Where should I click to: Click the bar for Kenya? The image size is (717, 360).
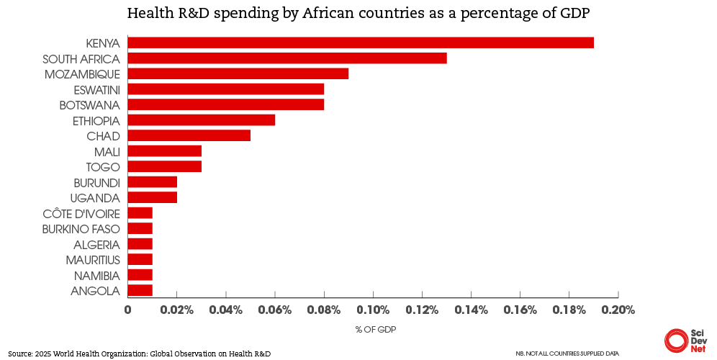pos(361,42)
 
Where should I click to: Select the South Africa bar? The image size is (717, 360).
pos(287,58)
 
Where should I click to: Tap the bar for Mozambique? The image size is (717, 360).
pos(238,73)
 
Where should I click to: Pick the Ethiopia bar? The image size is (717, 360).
pos(202,120)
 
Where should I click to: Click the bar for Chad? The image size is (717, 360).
pos(189,135)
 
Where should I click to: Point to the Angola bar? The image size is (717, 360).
pos(140,290)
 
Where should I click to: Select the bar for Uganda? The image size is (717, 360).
pos(153,197)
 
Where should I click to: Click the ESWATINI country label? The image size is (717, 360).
pos(96,89)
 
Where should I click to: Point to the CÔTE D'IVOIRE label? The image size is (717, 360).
pos(81,213)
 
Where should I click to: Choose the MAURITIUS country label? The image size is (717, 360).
pos(93,259)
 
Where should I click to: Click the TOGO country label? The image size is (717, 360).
pos(104,167)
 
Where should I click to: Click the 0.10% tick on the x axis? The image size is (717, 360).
pos(373,311)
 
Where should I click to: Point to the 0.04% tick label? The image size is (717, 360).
pos(226,311)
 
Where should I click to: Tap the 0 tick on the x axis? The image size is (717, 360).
pos(128,311)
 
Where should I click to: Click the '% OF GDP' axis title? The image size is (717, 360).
pos(375,330)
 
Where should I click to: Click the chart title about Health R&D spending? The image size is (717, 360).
pos(358,14)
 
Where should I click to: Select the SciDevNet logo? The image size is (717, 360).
pos(686,340)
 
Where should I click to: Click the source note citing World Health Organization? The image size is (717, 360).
pos(140,354)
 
